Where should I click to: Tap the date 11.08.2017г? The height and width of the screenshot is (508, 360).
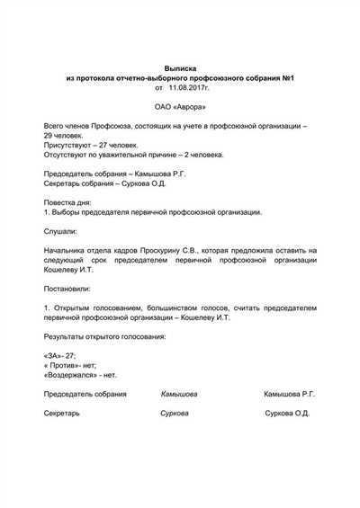click(x=189, y=89)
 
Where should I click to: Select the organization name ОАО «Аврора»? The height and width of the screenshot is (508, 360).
click(x=180, y=108)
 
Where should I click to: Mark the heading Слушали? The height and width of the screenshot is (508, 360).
click(x=60, y=231)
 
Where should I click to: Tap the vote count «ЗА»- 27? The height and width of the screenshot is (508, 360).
click(x=60, y=355)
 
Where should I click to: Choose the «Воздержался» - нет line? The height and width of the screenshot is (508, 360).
click(x=80, y=375)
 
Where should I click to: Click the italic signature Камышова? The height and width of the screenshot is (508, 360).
click(x=179, y=394)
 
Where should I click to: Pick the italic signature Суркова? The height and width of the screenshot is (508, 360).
click(x=175, y=414)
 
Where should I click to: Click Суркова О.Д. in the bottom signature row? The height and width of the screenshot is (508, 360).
click(x=288, y=414)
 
